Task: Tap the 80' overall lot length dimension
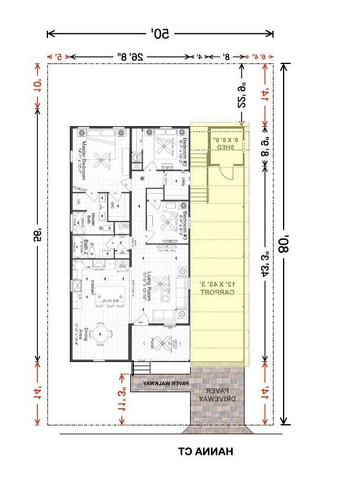(286, 243)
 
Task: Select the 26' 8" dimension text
(130, 57)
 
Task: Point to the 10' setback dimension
(38, 87)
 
